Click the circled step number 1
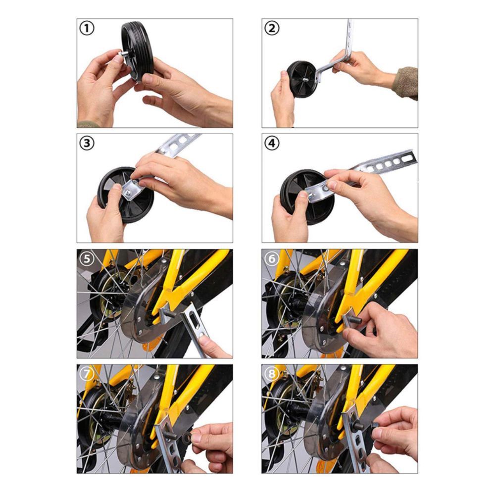click(x=87, y=29)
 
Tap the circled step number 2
click(x=272, y=29)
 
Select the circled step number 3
click(x=87, y=144)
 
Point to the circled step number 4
click(x=272, y=144)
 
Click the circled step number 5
click(x=87, y=259)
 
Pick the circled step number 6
click(x=272, y=259)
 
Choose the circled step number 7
click(x=87, y=374)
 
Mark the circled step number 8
click(x=272, y=374)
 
